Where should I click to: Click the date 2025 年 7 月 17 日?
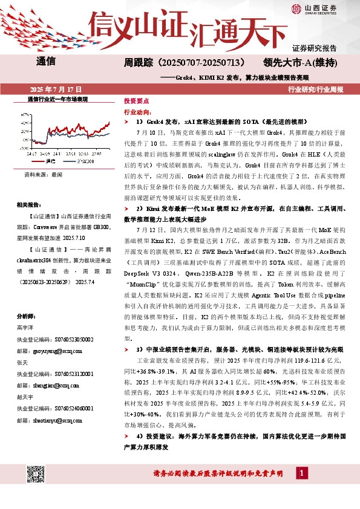point(51,89)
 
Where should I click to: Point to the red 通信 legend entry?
point(49,161)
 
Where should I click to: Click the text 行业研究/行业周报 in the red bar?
point(315,89)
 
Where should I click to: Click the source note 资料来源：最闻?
point(43,174)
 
